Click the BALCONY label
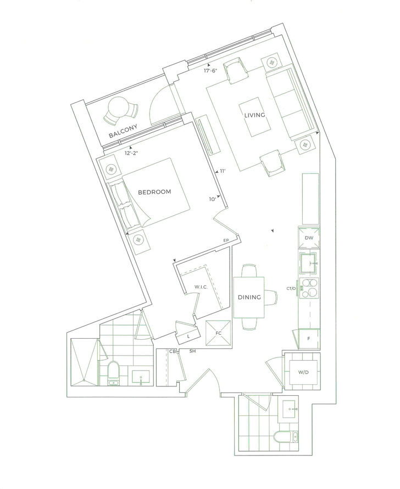[123, 131]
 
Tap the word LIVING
[254, 115]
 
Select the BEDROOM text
[154, 192]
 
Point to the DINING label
[249, 297]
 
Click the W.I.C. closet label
[201, 287]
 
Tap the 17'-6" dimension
[210, 71]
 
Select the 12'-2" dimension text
[131, 153]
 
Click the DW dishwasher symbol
[309, 238]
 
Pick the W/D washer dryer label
[303, 372]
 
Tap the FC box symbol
[218, 333]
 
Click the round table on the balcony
[118, 107]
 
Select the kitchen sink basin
[308, 263]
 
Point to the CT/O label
[291, 289]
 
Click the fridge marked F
[309, 339]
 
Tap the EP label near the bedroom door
[226, 240]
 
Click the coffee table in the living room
[255, 117]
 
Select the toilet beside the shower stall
[113, 373]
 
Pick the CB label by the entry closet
[173, 351]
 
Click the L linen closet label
[188, 337]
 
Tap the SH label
[193, 351]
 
